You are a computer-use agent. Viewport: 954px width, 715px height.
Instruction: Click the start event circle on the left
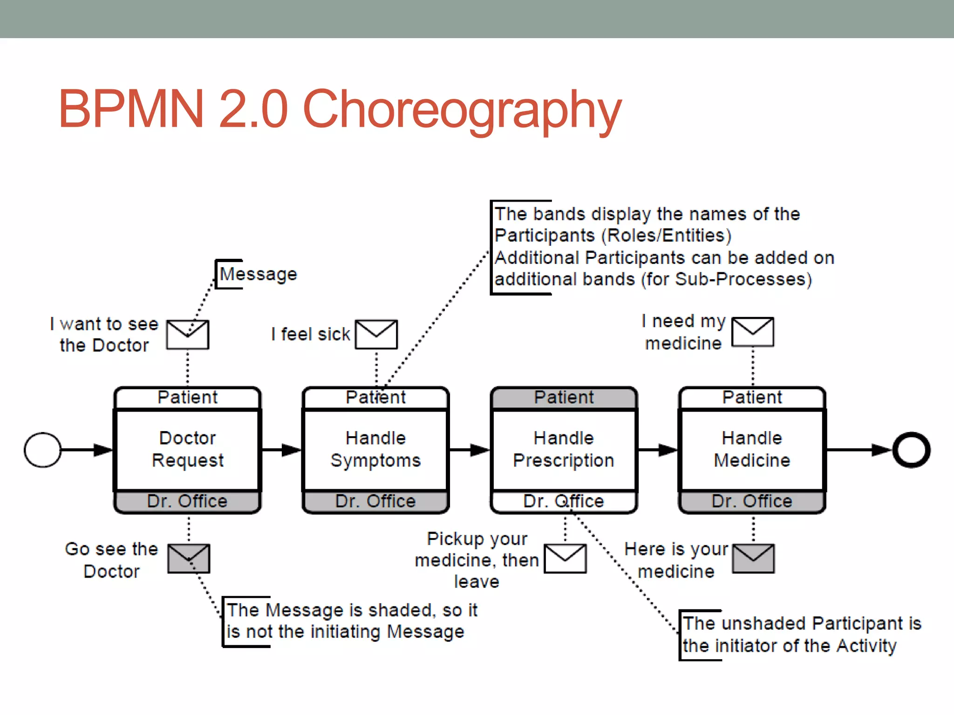(42, 450)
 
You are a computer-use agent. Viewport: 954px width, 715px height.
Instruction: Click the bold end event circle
(911, 450)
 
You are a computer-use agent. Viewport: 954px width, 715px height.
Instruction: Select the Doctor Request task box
(187, 449)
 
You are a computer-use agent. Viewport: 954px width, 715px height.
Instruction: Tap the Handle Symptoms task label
(375, 449)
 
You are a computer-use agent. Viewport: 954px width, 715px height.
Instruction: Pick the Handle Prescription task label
(564, 449)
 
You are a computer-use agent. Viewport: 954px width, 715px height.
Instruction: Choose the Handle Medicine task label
(752, 449)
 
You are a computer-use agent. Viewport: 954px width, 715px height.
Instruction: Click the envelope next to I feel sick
(376, 334)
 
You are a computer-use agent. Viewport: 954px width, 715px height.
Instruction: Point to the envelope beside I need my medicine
(753, 332)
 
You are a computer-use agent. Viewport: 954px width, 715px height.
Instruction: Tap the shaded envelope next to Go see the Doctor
(189, 558)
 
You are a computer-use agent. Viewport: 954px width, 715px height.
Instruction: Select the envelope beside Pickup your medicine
(565, 558)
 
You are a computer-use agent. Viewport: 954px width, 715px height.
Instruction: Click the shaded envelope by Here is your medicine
(753, 558)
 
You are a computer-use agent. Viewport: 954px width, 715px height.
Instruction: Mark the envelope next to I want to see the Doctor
(188, 334)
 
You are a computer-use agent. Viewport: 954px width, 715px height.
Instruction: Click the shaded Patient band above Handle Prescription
(564, 398)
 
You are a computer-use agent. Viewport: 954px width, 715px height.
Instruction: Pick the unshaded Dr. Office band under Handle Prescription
(564, 501)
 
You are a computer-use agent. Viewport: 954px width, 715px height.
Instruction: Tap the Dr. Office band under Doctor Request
(187, 501)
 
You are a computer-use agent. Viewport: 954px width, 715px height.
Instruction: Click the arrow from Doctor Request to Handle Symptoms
(281, 450)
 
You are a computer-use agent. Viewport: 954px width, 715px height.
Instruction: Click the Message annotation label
(258, 274)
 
